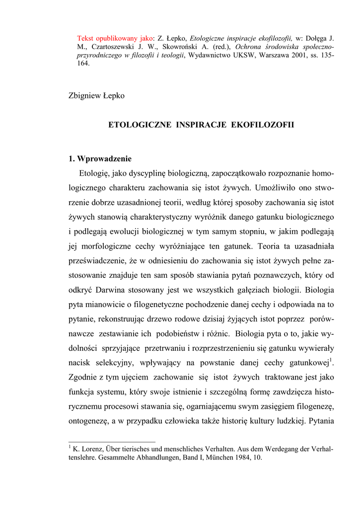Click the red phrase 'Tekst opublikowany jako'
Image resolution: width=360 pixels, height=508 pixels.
[115, 38]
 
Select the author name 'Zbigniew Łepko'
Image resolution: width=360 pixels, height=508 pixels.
[96, 96]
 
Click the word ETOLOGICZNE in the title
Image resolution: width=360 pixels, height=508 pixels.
[140, 125]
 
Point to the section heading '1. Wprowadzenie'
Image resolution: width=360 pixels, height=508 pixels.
[100, 159]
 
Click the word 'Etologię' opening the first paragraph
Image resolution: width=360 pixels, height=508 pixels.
[95, 174]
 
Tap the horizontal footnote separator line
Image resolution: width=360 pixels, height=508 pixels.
[112, 442]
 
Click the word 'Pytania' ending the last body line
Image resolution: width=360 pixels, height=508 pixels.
[321, 422]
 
